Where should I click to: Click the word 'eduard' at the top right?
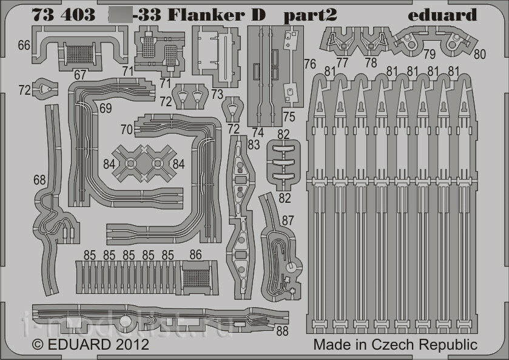(x=442, y=15)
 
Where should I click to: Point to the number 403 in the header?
(x=76, y=15)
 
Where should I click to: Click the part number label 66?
(x=24, y=45)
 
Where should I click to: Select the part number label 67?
(x=79, y=74)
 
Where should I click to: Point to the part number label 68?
(x=39, y=180)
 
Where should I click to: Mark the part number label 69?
(x=106, y=109)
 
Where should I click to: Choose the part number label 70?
(x=126, y=129)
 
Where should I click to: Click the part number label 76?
(x=309, y=64)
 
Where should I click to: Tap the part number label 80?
(x=480, y=54)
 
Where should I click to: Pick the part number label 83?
(x=253, y=144)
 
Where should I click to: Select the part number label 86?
(x=195, y=255)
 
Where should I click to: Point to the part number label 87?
(x=288, y=220)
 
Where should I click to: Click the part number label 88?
(x=281, y=331)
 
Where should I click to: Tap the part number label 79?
(x=429, y=54)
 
